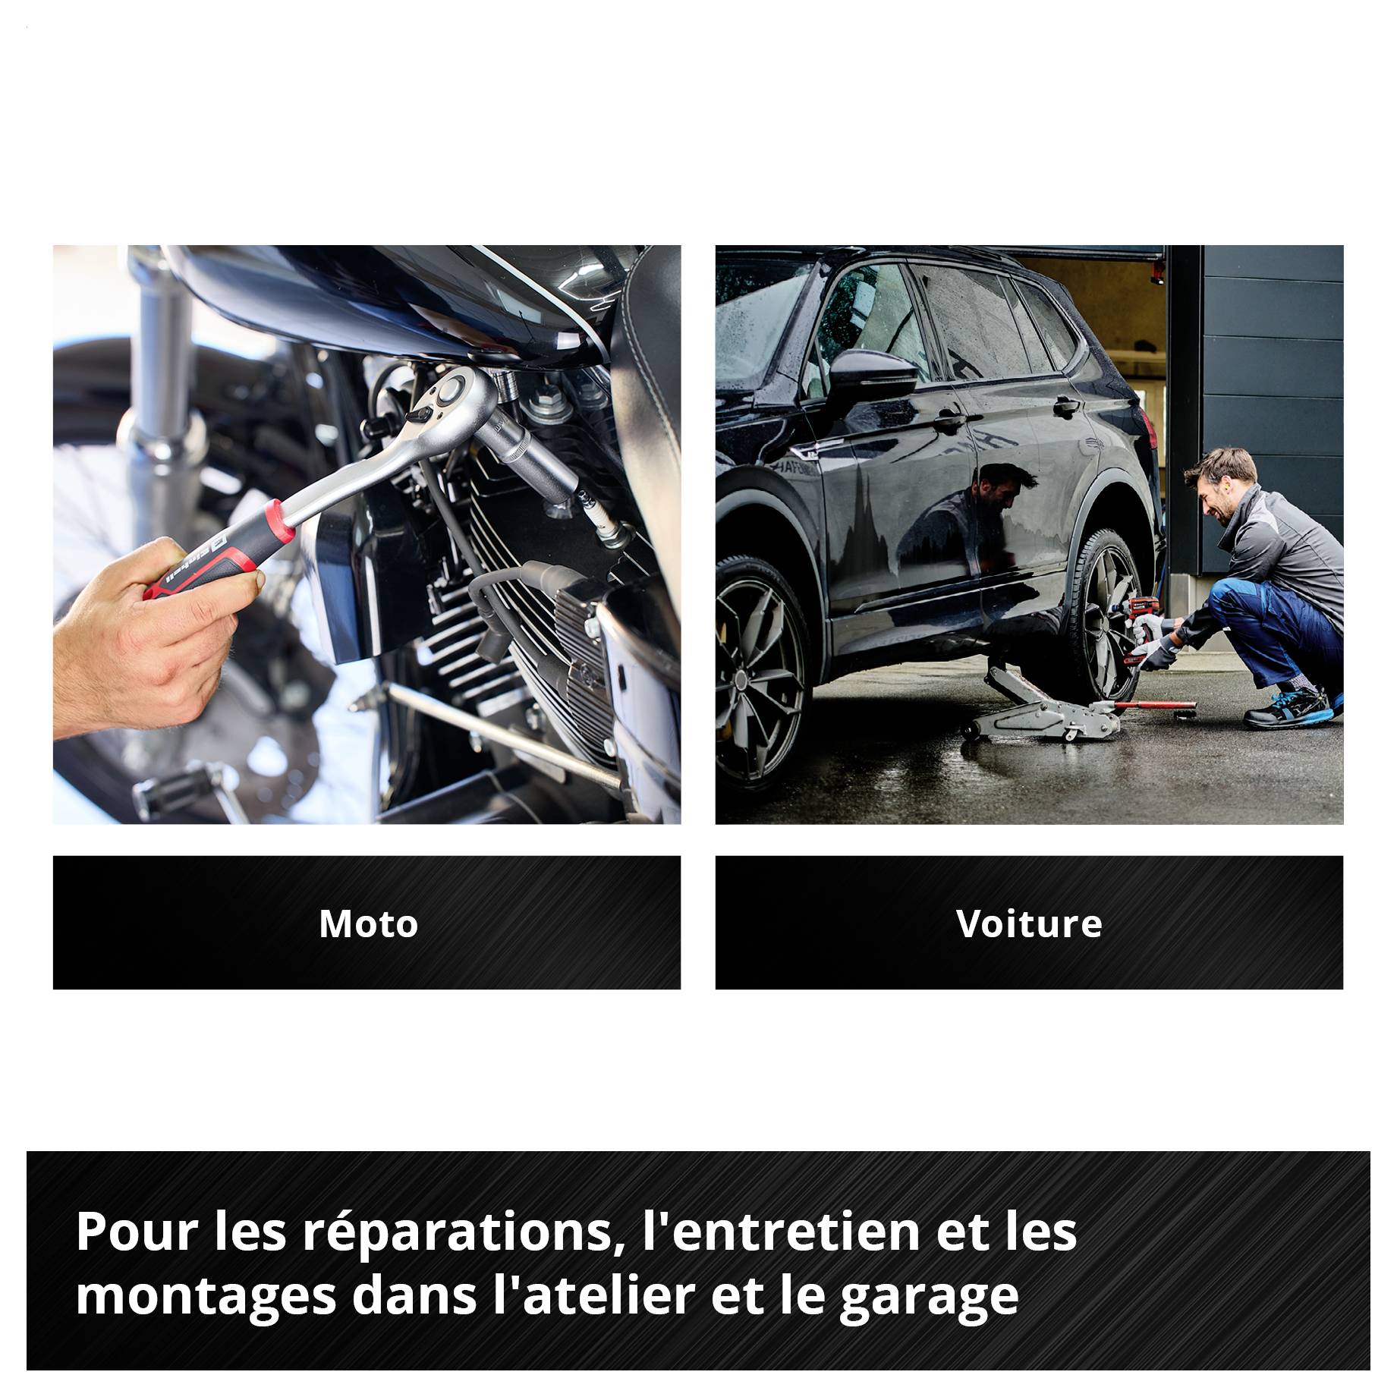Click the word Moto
click(368, 924)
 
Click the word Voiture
click(1029, 924)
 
